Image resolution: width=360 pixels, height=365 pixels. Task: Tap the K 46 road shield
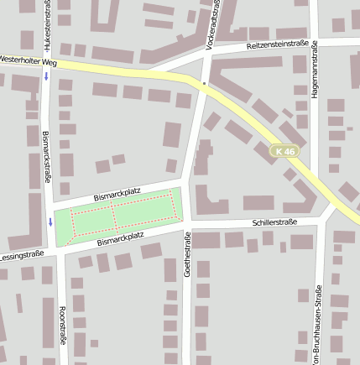[285, 151]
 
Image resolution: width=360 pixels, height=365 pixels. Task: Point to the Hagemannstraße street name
[315, 71]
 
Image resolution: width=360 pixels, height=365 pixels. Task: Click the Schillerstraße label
[274, 222]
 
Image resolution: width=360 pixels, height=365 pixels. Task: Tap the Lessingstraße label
[22, 254]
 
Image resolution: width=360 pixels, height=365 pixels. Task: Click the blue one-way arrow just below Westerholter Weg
[47, 76]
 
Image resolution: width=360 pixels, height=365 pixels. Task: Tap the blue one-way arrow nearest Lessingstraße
[50, 222]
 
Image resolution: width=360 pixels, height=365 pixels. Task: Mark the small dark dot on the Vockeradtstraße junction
[203, 84]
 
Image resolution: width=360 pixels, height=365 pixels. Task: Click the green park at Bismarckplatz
[117, 215]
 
